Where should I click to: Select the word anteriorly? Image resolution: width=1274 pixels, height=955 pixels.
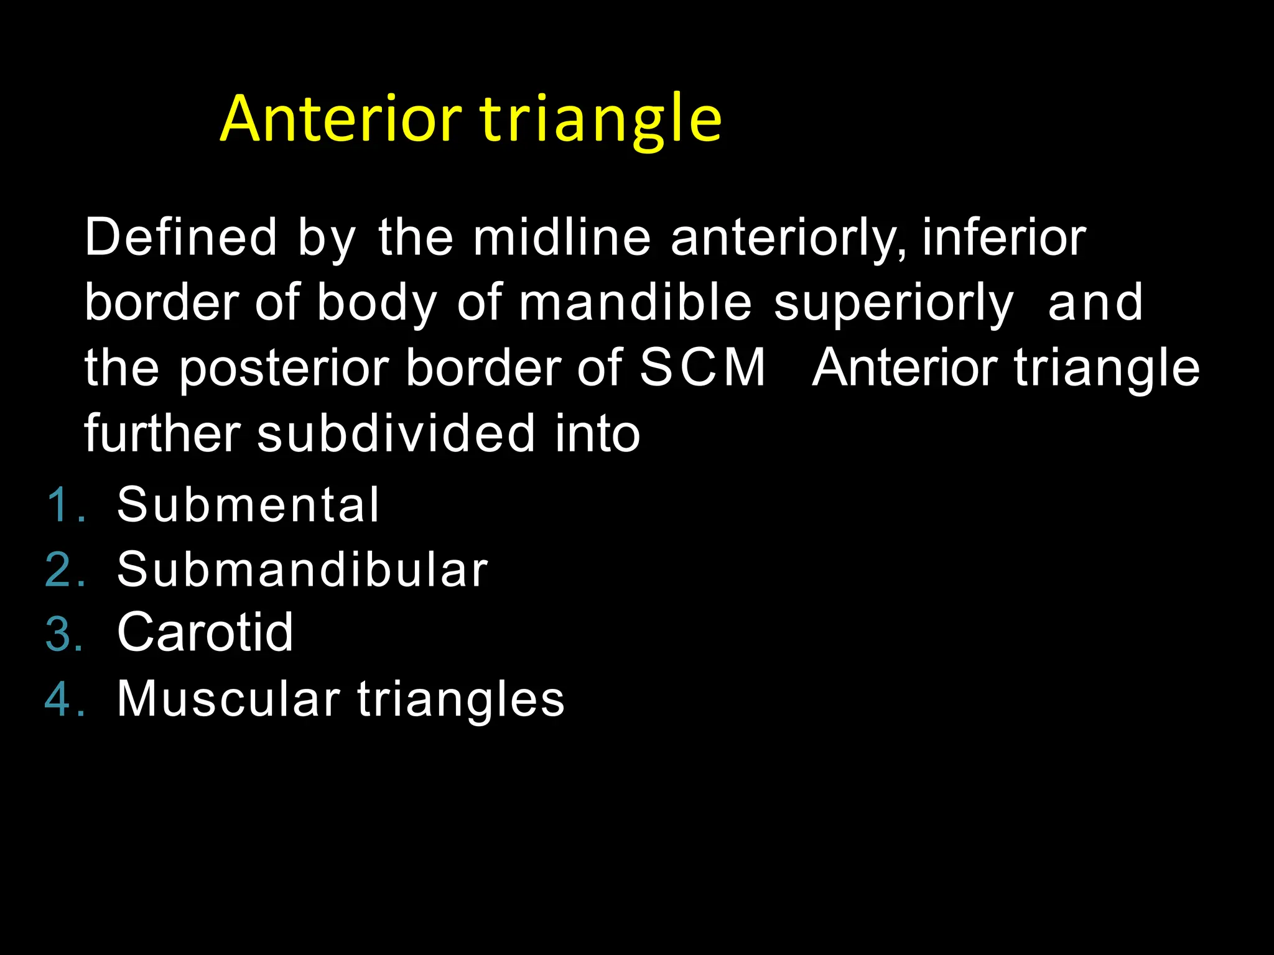(x=788, y=239)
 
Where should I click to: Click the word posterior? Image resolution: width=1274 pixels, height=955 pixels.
(x=284, y=368)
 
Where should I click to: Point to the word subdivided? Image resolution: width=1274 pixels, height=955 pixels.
(x=396, y=433)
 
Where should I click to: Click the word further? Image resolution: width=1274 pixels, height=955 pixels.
(x=162, y=433)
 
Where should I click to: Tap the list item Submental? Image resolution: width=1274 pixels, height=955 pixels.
(x=248, y=504)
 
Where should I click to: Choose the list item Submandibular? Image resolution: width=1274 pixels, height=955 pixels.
(x=302, y=570)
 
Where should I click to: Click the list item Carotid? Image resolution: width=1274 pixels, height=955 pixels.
(x=205, y=632)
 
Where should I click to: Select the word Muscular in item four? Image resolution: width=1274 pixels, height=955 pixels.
(x=228, y=699)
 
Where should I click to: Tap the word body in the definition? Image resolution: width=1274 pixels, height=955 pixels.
(x=377, y=303)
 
